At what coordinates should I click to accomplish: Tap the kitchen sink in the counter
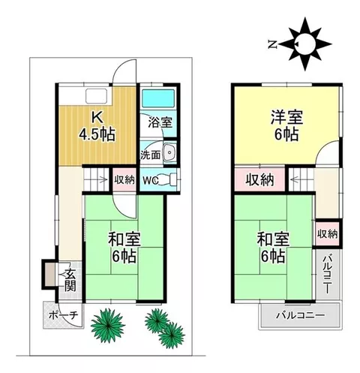tap(97, 96)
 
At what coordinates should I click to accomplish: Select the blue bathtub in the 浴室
tap(158, 98)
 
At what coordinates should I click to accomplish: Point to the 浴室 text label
tap(160, 122)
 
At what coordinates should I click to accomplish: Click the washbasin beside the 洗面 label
tap(169, 152)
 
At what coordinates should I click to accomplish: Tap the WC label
tap(150, 180)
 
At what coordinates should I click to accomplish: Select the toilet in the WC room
tap(168, 180)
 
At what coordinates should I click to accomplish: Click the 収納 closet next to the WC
tap(124, 180)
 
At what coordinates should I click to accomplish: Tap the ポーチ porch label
tap(63, 315)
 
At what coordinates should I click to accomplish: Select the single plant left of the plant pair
tap(108, 325)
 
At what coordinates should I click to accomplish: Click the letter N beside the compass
tap(272, 45)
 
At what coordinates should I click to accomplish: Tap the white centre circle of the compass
tap(304, 44)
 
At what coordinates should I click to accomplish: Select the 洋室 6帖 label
tap(286, 126)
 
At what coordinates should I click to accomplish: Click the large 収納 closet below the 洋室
tap(260, 179)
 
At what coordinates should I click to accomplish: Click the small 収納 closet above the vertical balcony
tap(327, 234)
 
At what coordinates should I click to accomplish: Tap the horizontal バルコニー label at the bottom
tap(301, 315)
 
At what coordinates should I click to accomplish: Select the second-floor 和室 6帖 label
tap(273, 248)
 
